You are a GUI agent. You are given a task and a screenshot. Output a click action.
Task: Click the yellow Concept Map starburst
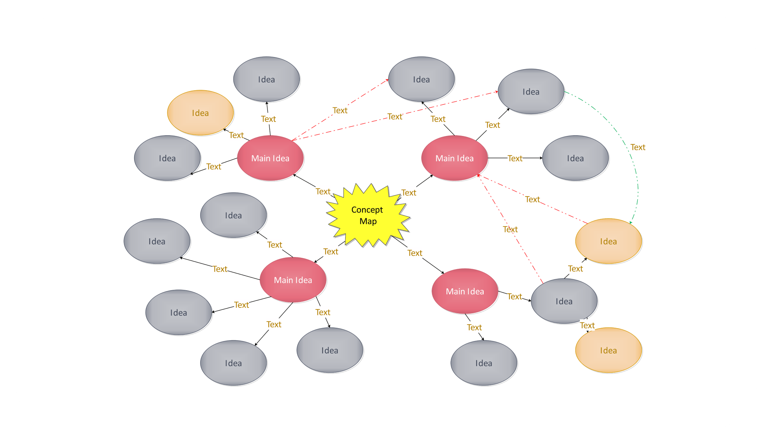(x=368, y=215)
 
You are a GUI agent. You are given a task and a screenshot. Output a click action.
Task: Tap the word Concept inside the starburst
(x=367, y=210)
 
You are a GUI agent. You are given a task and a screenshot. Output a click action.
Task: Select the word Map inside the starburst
(x=368, y=221)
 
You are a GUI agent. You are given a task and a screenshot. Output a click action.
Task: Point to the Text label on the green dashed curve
(x=638, y=147)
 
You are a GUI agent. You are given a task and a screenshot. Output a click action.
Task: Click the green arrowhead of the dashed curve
(x=631, y=222)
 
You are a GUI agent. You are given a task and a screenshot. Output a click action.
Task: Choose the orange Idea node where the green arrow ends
(x=608, y=241)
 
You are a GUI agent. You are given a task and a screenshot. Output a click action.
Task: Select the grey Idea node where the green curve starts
(x=531, y=92)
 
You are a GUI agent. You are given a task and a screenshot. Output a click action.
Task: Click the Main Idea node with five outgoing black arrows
(x=293, y=280)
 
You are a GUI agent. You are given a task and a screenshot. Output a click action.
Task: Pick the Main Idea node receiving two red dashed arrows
(x=454, y=158)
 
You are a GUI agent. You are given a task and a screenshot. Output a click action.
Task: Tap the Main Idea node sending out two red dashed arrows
(x=270, y=158)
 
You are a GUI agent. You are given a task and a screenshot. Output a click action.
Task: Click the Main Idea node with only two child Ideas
(x=465, y=291)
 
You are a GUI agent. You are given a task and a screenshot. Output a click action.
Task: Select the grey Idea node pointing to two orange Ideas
(x=564, y=301)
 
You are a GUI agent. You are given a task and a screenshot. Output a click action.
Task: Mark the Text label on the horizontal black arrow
(x=515, y=158)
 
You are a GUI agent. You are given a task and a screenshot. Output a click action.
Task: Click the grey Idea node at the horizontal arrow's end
(x=575, y=158)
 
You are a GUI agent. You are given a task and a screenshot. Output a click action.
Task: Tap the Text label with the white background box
(x=587, y=325)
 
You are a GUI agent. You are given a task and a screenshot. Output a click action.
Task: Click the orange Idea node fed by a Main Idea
(x=200, y=113)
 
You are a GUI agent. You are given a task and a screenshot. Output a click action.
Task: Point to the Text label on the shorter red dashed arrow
(x=340, y=111)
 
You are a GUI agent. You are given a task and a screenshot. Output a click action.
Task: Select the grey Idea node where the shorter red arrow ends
(x=421, y=79)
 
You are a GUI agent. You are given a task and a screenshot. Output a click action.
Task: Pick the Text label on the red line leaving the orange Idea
(x=532, y=200)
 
